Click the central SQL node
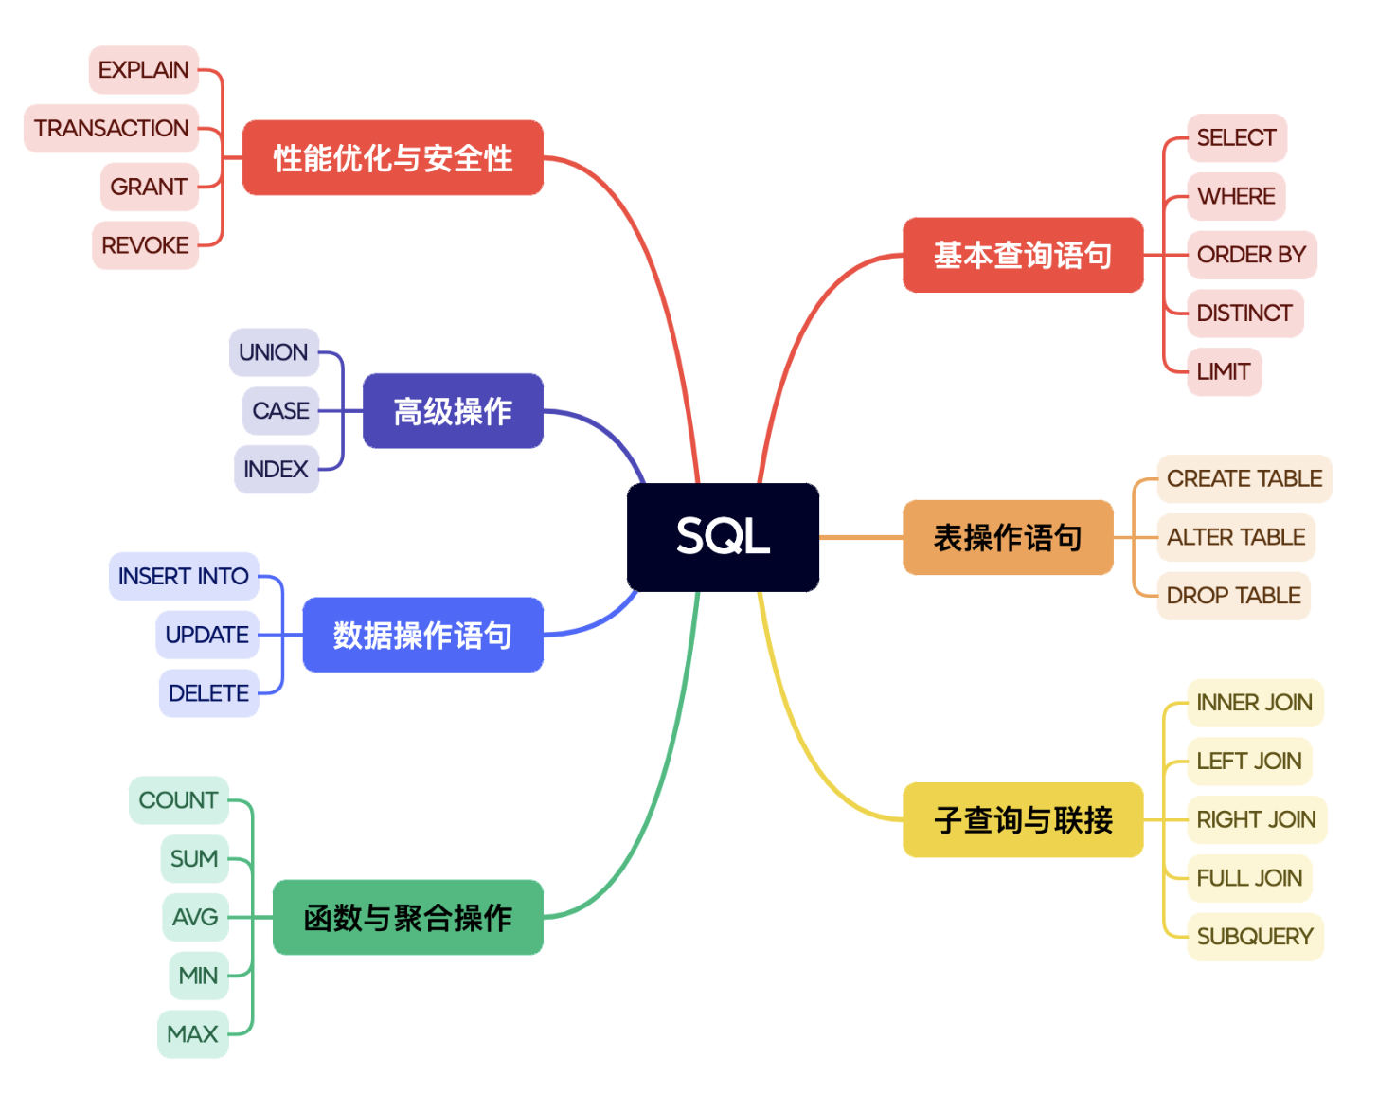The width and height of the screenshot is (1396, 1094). (x=722, y=536)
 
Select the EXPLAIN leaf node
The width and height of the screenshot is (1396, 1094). (x=143, y=69)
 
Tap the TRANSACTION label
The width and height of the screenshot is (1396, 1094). (x=111, y=128)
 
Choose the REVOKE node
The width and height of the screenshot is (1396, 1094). (x=145, y=244)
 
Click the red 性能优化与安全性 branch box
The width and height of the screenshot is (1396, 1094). (x=392, y=157)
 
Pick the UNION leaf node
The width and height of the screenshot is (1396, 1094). (x=274, y=352)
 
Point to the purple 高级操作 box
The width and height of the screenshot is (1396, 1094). (x=453, y=410)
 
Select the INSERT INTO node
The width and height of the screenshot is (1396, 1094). (x=184, y=576)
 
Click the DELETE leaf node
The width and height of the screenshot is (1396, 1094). (x=208, y=692)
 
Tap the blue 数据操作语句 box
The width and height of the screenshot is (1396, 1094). (x=422, y=634)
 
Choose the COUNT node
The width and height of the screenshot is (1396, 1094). (x=179, y=799)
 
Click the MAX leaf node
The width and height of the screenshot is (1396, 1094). (x=192, y=1033)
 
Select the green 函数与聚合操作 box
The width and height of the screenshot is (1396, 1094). (x=408, y=917)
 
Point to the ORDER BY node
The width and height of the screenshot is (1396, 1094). (x=1251, y=255)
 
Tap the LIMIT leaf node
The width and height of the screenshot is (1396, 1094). (x=1224, y=371)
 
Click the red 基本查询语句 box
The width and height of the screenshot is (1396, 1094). (x=1023, y=255)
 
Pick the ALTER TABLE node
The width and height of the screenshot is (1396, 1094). (x=1236, y=536)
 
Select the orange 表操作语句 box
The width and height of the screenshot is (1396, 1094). (x=1008, y=536)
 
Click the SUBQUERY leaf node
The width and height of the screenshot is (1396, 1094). (x=1255, y=936)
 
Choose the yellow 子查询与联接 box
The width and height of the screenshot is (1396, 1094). (x=1023, y=819)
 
